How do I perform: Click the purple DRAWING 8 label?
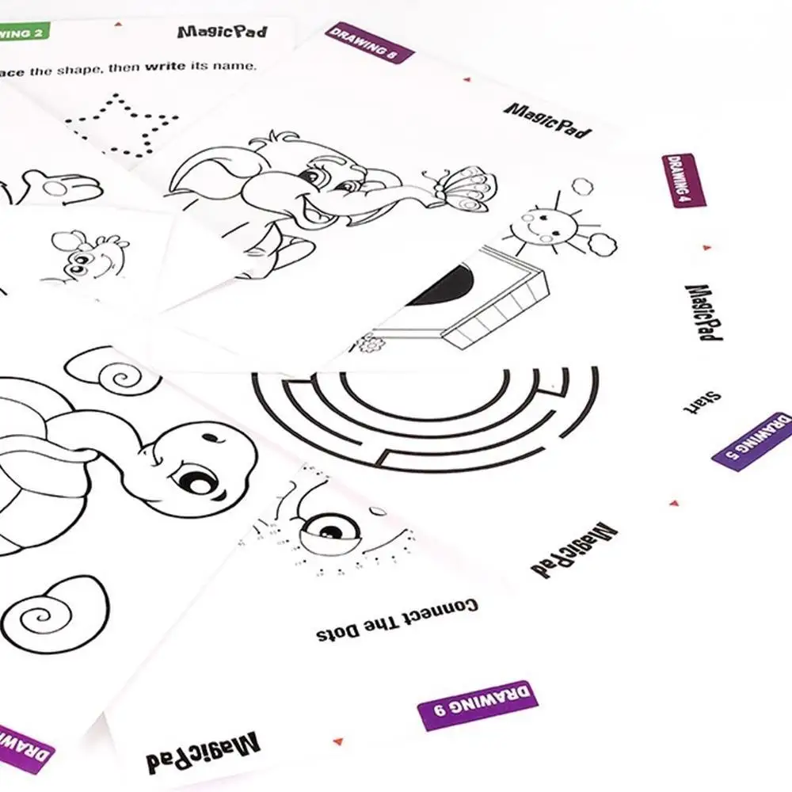tap(370, 43)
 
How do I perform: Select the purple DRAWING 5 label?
tap(752, 441)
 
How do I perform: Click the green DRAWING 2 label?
tap(24, 32)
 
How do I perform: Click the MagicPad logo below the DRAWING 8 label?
tap(547, 120)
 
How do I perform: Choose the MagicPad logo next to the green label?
tap(222, 32)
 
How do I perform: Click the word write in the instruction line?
tap(165, 66)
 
